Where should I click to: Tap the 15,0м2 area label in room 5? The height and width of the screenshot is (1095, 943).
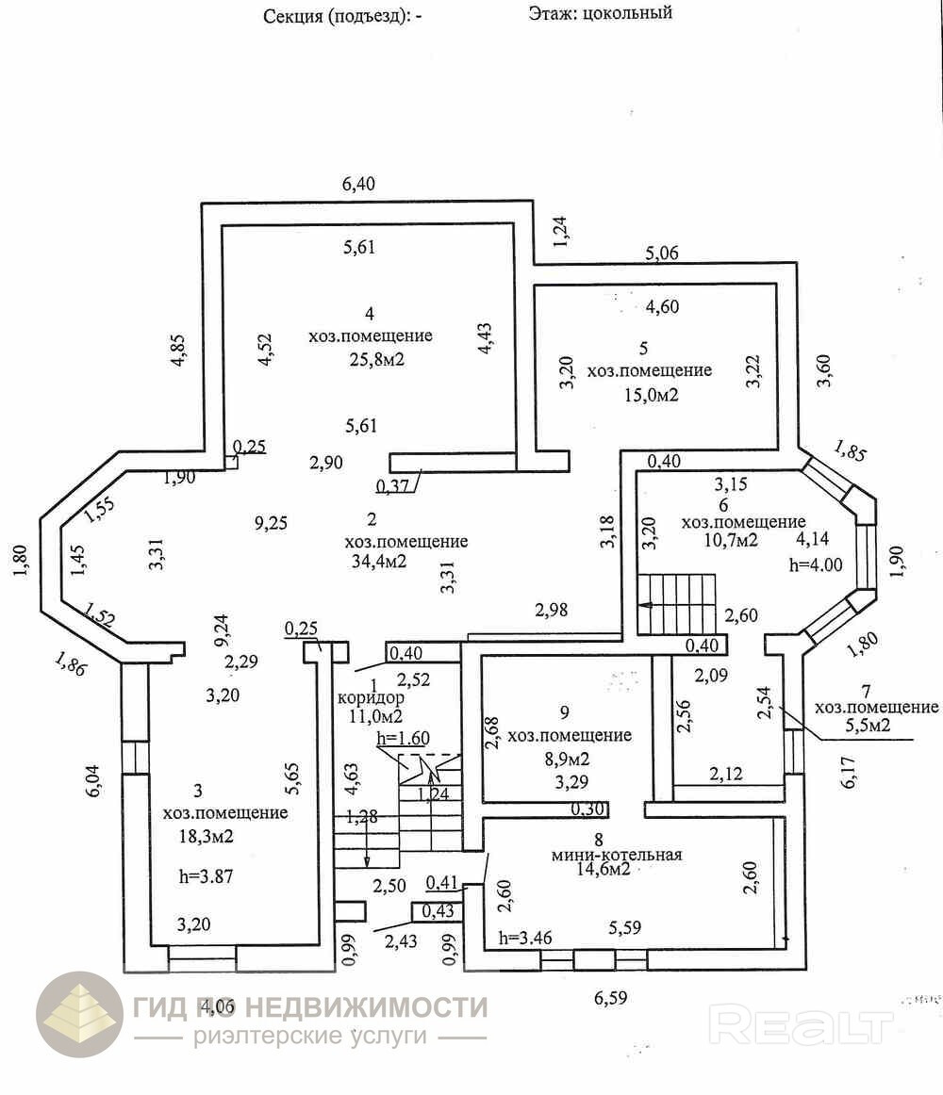tap(649, 395)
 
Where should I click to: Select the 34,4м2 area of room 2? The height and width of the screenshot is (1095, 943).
tap(377, 563)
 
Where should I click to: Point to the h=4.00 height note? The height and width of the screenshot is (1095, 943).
tap(815, 564)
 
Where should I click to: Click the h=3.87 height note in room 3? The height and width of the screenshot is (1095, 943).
tap(206, 875)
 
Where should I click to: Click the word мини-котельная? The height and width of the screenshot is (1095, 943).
tap(618, 855)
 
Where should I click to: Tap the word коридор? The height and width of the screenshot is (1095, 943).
tap(371, 698)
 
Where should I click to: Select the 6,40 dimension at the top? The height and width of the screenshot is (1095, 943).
tap(358, 184)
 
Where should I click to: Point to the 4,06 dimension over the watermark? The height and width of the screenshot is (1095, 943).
tap(217, 1005)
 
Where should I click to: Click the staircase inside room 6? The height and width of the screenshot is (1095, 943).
tap(676, 604)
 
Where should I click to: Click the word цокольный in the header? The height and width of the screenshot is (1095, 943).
tap(627, 13)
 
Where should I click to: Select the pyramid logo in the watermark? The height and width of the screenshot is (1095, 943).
tap(79, 1014)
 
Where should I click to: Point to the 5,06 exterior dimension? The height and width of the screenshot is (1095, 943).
tap(661, 253)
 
